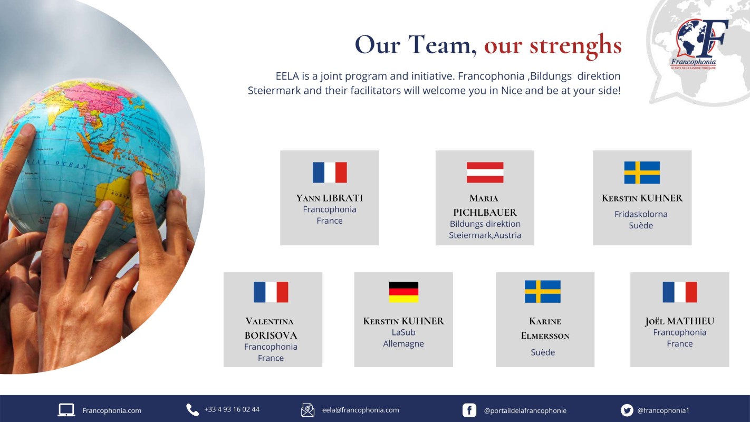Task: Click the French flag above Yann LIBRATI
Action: [330, 172]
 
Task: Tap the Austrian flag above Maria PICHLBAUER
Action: [485, 172]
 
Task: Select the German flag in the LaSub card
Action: [403, 292]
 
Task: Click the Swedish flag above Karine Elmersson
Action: [543, 292]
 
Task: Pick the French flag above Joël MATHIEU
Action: [680, 292]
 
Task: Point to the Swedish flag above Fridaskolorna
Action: [642, 172]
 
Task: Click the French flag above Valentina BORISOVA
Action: [271, 292]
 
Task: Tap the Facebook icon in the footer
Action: [469, 410]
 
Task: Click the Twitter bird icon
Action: [627, 410]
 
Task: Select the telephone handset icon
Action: [193, 410]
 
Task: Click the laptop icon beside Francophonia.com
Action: [66, 410]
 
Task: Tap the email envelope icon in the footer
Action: [307, 410]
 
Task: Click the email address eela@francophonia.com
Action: [361, 410]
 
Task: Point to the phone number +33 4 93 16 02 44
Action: [232, 409]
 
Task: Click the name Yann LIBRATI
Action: [330, 198]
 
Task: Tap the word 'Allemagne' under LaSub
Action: [403, 344]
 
